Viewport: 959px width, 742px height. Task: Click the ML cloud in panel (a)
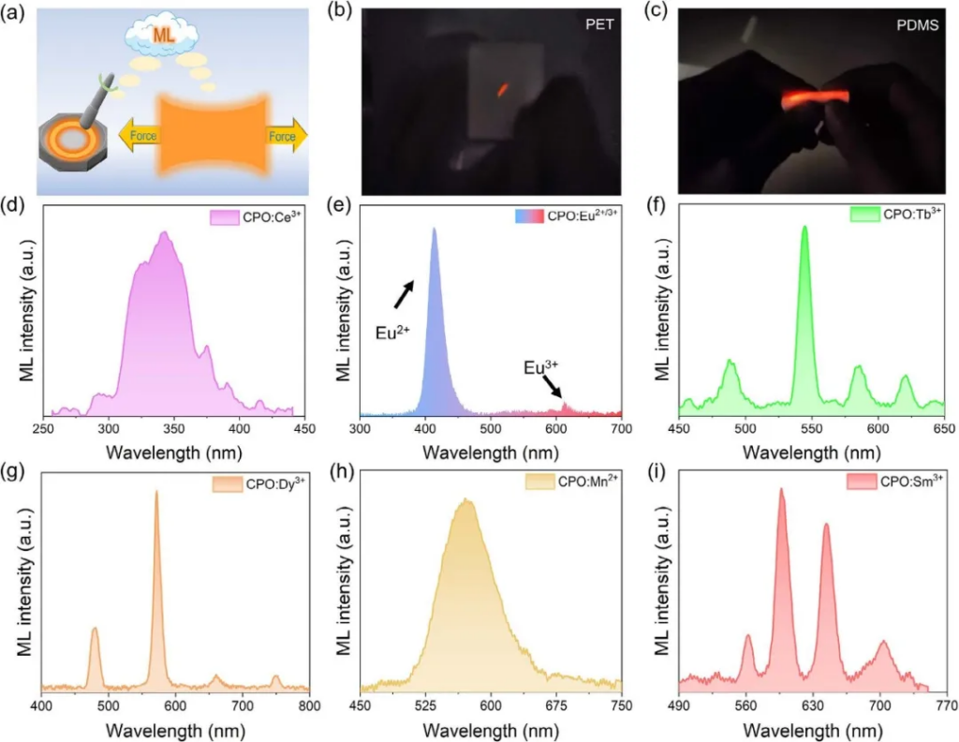(162, 37)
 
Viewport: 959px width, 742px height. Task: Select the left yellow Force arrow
(140, 135)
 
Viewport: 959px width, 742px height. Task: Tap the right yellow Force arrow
(285, 136)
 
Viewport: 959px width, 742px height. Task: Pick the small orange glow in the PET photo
(502, 90)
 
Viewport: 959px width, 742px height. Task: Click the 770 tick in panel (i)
(944, 705)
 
